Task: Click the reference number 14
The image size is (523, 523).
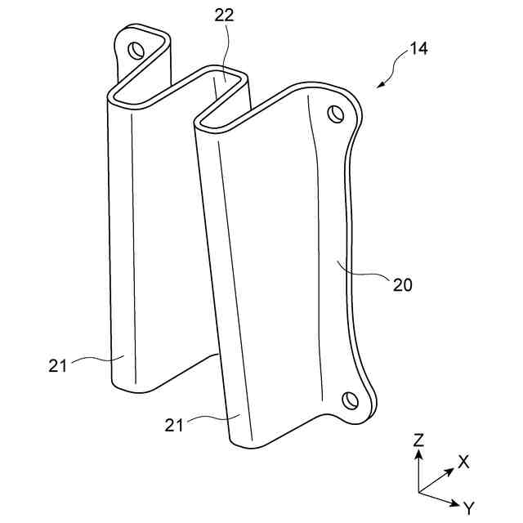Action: (418, 48)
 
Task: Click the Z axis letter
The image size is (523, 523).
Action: (418, 440)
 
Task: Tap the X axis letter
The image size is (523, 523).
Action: (463, 462)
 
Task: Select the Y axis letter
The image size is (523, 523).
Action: (468, 508)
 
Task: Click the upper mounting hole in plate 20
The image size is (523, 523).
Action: (335, 114)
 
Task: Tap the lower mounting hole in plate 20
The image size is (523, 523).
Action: (350, 400)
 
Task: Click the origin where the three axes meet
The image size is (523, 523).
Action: (418, 492)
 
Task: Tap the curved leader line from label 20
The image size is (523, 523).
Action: (364, 274)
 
